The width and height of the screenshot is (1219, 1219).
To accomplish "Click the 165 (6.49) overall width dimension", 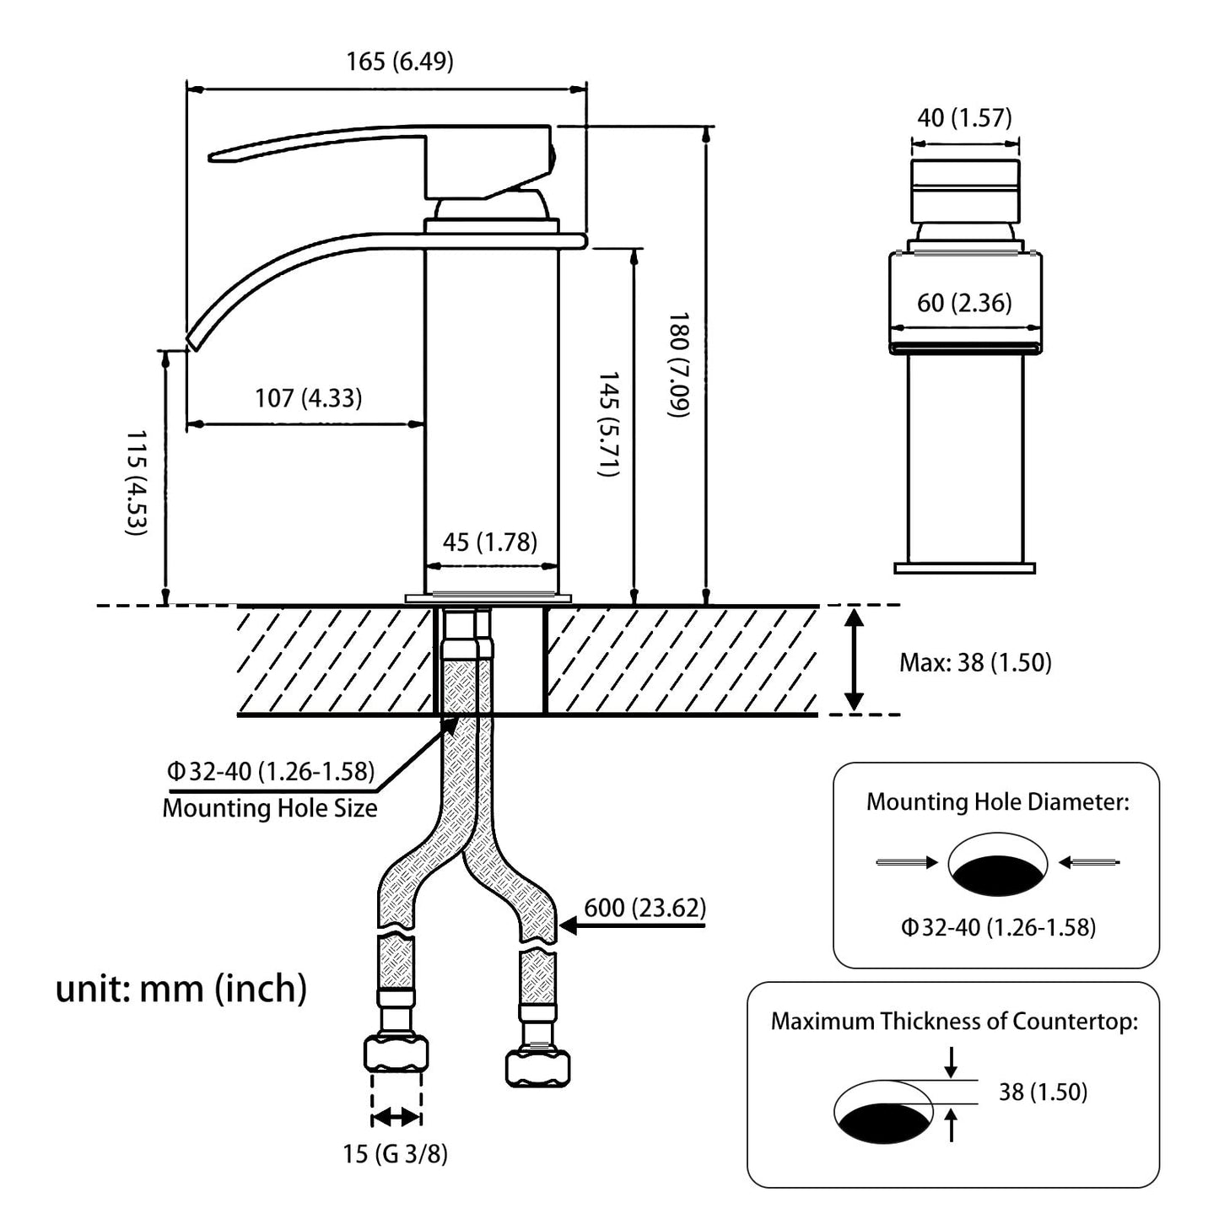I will click(x=399, y=62).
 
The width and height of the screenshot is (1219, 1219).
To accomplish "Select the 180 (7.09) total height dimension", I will click(x=680, y=364).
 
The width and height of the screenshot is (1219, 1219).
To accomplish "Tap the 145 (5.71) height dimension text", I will click(x=609, y=423).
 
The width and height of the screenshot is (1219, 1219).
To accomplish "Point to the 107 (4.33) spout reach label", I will click(x=309, y=397).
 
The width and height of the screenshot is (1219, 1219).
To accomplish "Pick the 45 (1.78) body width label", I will click(x=489, y=542).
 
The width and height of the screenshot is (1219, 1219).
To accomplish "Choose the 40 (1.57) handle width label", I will click(x=964, y=118).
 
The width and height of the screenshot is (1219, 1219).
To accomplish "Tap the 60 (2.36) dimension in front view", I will click(x=964, y=303).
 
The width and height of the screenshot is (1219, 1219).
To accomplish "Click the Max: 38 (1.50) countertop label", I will click(x=975, y=662).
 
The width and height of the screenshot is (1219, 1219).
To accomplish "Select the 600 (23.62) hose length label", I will click(x=645, y=908).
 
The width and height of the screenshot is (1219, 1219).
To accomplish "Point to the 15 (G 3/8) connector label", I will click(x=395, y=1153).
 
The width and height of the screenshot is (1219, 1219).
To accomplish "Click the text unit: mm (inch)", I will click(x=181, y=988).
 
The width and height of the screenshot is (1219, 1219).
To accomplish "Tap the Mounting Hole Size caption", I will click(x=270, y=807).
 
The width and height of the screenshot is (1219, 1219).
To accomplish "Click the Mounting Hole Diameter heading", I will click(x=997, y=801).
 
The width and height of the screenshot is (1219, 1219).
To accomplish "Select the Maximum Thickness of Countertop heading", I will click(x=954, y=1022).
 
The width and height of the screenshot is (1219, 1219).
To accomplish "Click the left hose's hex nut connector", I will click(x=396, y=1054).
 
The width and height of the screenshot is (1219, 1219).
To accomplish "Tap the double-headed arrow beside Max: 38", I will click(x=854, y=661).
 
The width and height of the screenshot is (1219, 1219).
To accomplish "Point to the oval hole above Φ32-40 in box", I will click(x=998, y=864).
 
